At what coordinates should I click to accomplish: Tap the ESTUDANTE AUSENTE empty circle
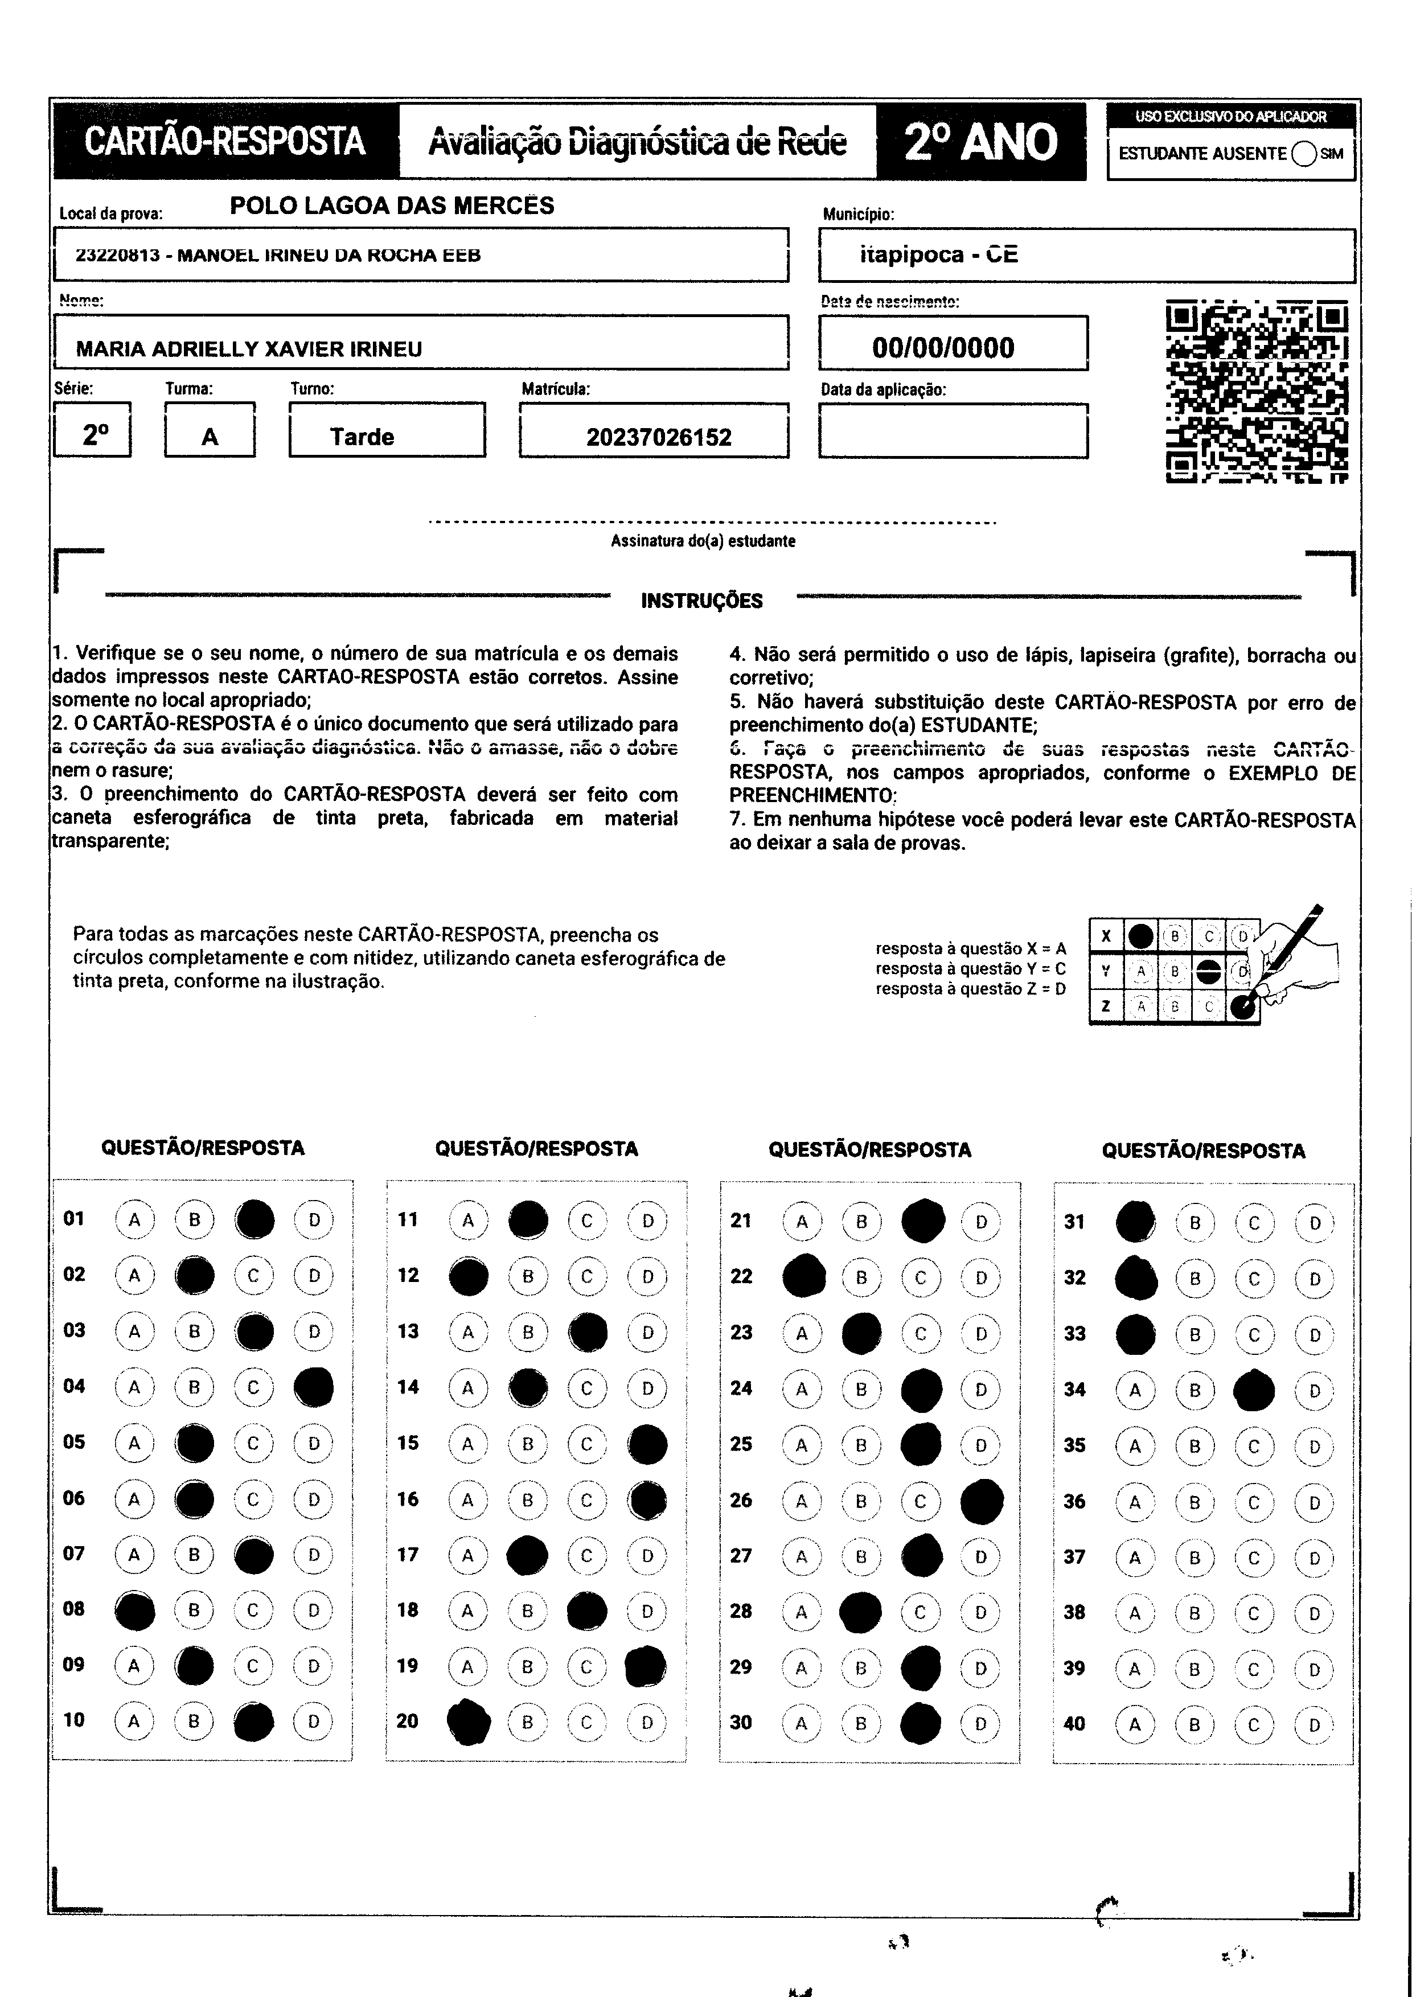(x=1304, y=154)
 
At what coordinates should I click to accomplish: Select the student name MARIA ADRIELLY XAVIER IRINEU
(x=249, y=349)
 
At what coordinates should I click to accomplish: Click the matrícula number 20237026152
(x=659, y=437)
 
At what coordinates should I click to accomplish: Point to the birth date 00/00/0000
(x=943, y=348)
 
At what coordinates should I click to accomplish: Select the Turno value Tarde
(x=362, y=437)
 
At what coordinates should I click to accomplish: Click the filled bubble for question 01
(x=254, y=1219)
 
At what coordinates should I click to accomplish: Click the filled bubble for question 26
(x=982, y=1501)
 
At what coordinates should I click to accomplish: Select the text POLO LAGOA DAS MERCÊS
(x=392, y=206)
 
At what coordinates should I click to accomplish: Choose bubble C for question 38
(x=1254, y=1613)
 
